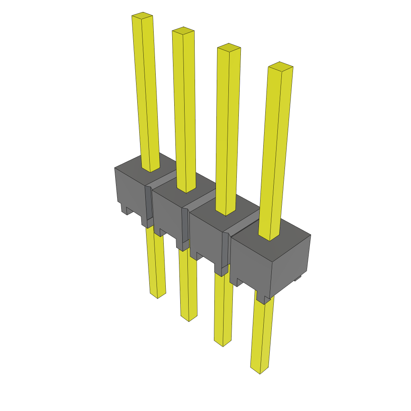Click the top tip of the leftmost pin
point(142,16)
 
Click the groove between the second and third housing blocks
point(201,200)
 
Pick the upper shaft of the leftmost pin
point(146,92)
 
